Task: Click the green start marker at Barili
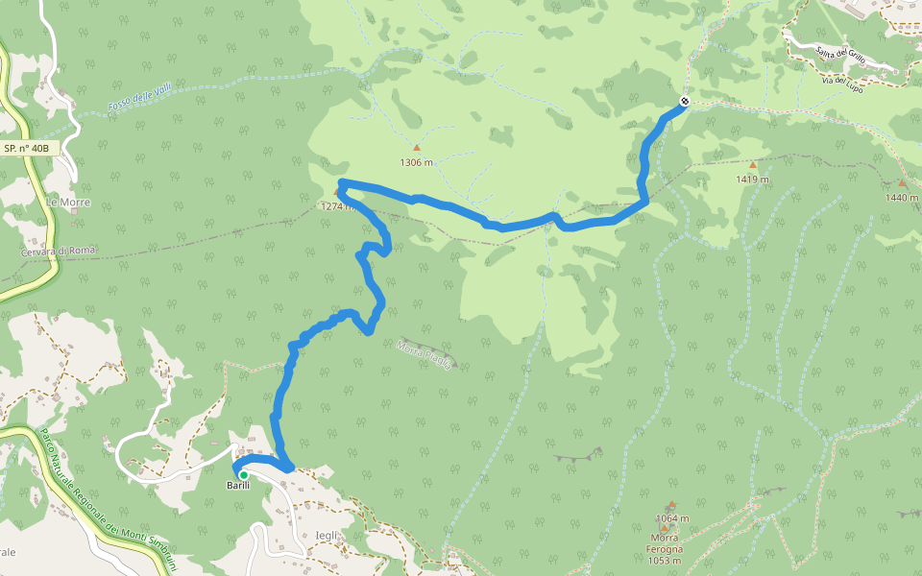[244, 474]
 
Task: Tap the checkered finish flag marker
[685, 102]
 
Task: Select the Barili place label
[238, 486]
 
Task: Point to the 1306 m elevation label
[417, 162]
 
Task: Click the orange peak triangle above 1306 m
[417, 148]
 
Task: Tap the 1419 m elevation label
[753, 179]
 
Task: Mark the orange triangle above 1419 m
[753, 165]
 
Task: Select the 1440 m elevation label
[902, 197]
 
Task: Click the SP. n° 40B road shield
[31, 149]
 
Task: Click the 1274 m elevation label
[338, 205]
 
